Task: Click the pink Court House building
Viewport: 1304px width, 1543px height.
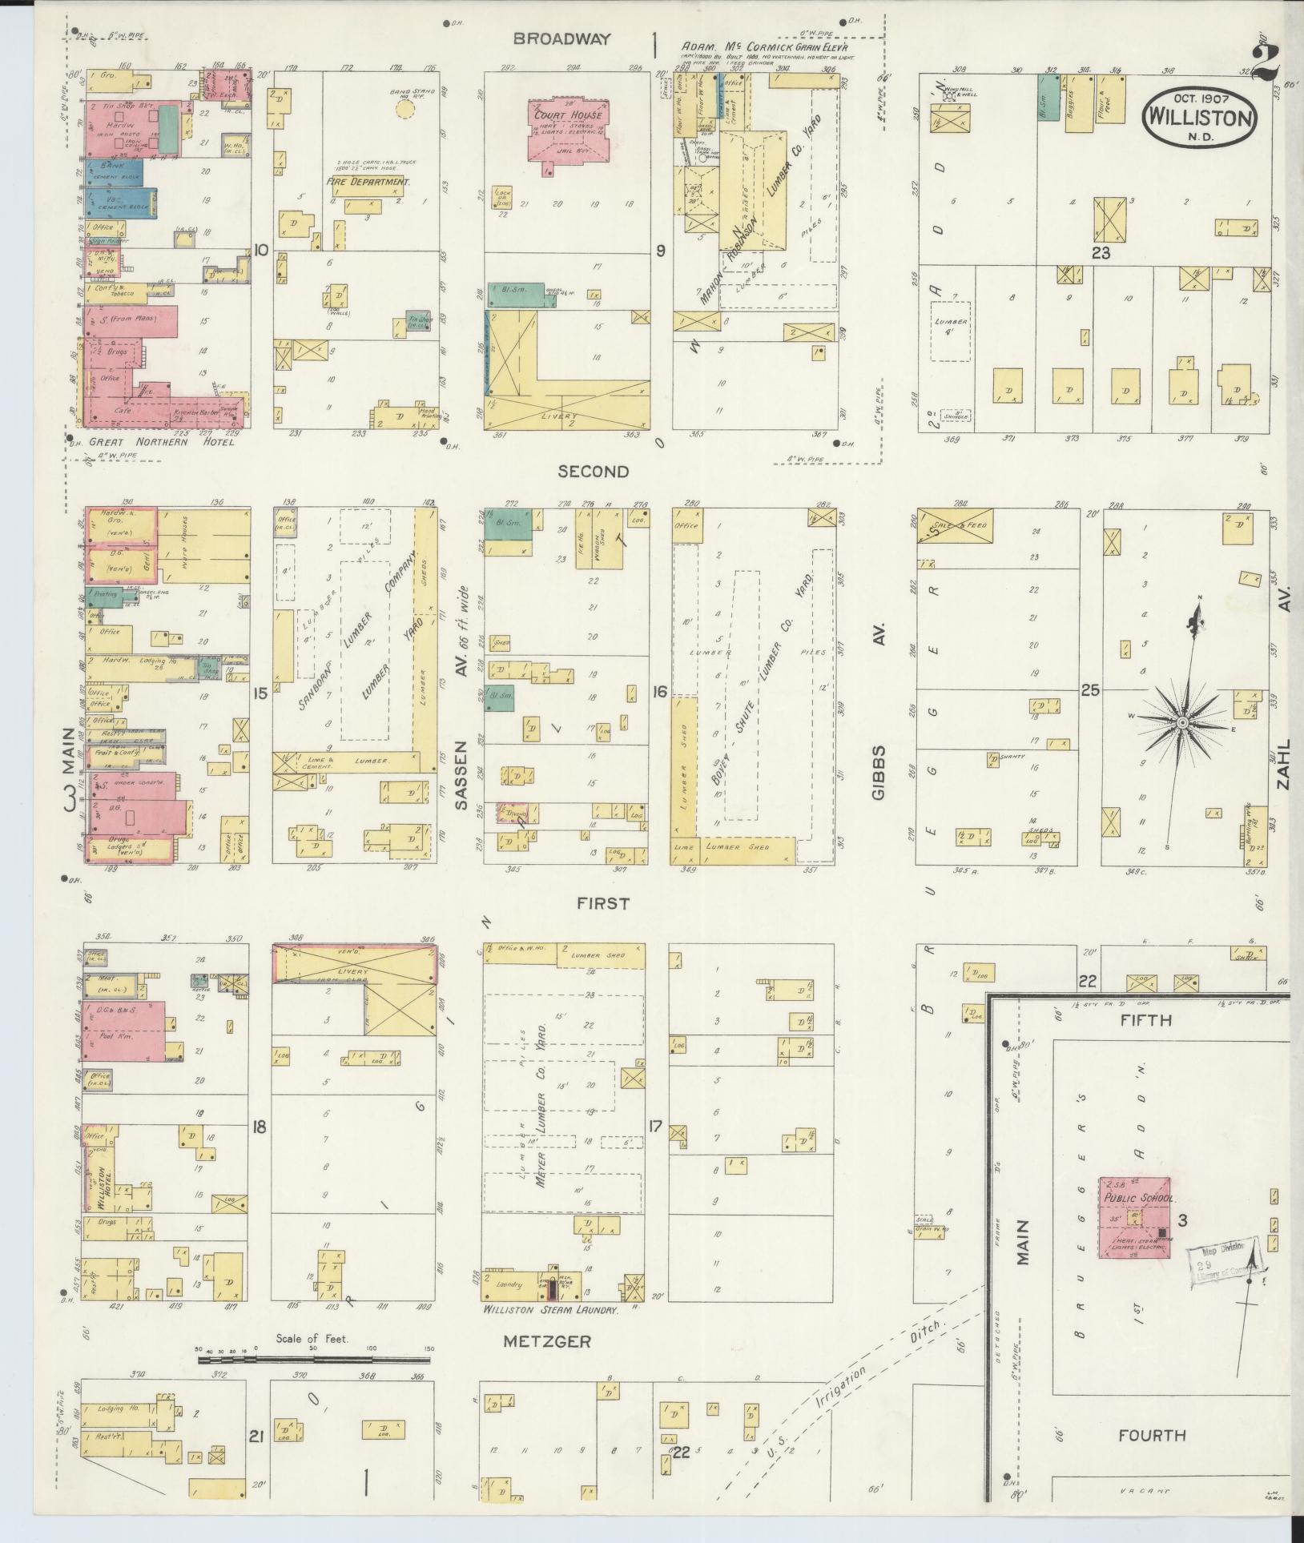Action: click(566, 130)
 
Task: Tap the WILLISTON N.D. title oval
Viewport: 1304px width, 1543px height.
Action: click(1199, 116)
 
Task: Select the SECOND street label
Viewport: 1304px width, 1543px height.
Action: click(594, 472)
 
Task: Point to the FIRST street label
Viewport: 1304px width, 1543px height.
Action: click(604, 903)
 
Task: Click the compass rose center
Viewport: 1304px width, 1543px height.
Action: click(1181, 722)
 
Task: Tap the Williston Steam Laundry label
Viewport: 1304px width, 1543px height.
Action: click(550, 1311)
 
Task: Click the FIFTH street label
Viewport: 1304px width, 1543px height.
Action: click(1145, 1021)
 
